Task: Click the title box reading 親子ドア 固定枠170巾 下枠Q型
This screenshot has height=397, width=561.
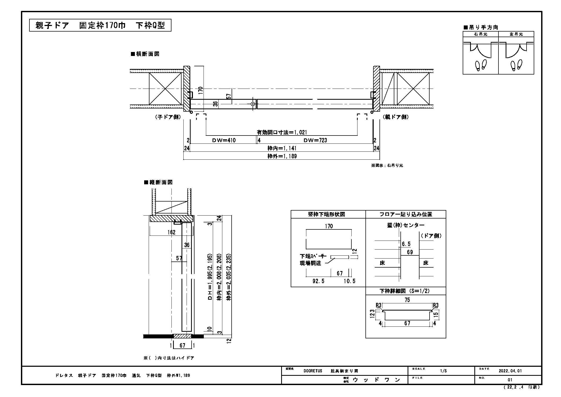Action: [x=100, y=25]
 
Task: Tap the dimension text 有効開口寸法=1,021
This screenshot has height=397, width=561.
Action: [x=282, y=132]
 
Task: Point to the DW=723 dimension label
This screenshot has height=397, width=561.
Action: [x=315, y=140]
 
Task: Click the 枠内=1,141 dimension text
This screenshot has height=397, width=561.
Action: [x=282, y=148]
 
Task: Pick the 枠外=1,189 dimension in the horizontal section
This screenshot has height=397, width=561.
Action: [x=282, y=156]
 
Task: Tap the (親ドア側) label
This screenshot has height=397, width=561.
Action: [x=395, y=117]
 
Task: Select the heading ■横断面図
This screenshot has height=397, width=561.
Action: [x=145, y=54]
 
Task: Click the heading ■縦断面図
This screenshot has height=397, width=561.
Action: [x=158, y=182]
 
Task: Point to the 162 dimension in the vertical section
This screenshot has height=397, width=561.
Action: [x=171, y=232]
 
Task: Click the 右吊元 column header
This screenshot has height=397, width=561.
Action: [x=481, y=34]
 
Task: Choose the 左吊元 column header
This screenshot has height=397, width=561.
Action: [x=516, y=34]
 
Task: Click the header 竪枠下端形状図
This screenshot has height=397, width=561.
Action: [x=328, y=214]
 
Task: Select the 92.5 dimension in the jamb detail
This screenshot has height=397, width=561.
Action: [x=318, y=281]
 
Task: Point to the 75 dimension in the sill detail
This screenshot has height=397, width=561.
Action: [x=407, y=300]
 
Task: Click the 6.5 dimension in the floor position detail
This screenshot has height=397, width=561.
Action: [x=406, y=244]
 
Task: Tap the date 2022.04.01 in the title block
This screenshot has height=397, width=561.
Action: [x=510, y=371]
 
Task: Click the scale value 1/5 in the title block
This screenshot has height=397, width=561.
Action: [x=443, y=371]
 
